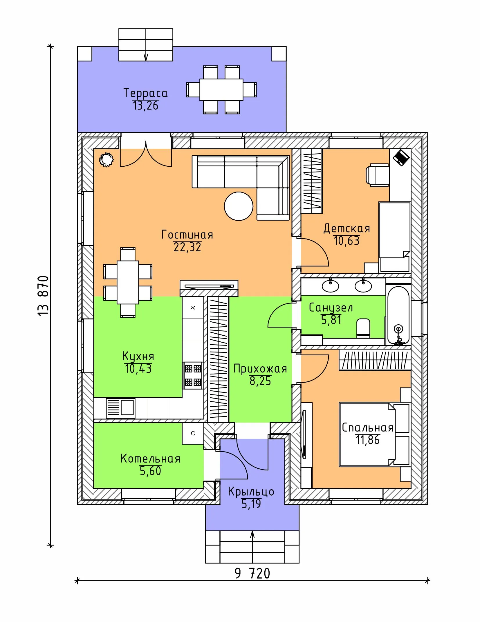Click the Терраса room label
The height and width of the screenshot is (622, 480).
point(145,93)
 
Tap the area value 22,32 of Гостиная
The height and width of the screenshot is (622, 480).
point(187,247)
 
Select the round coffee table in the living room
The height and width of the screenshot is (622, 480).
point(239,206)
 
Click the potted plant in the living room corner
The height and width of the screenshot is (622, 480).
point(106,160)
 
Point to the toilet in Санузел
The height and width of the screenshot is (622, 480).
point(363,328)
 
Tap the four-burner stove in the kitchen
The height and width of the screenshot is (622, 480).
point(193,375)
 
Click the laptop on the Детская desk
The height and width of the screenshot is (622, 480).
point(401,157)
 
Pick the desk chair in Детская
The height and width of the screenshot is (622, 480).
point(377,175)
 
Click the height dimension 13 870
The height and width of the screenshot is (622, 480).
point(43,296)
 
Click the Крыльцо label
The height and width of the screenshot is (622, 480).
point(251,492)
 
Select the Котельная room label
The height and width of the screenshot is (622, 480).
point(150,459)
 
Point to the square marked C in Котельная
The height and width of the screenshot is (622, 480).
point(193,433)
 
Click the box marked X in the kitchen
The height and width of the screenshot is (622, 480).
point(193,308)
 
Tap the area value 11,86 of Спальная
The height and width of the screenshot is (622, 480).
point(368,440)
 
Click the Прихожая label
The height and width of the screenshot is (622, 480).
point(260,369)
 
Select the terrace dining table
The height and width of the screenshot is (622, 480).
point(221,90)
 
